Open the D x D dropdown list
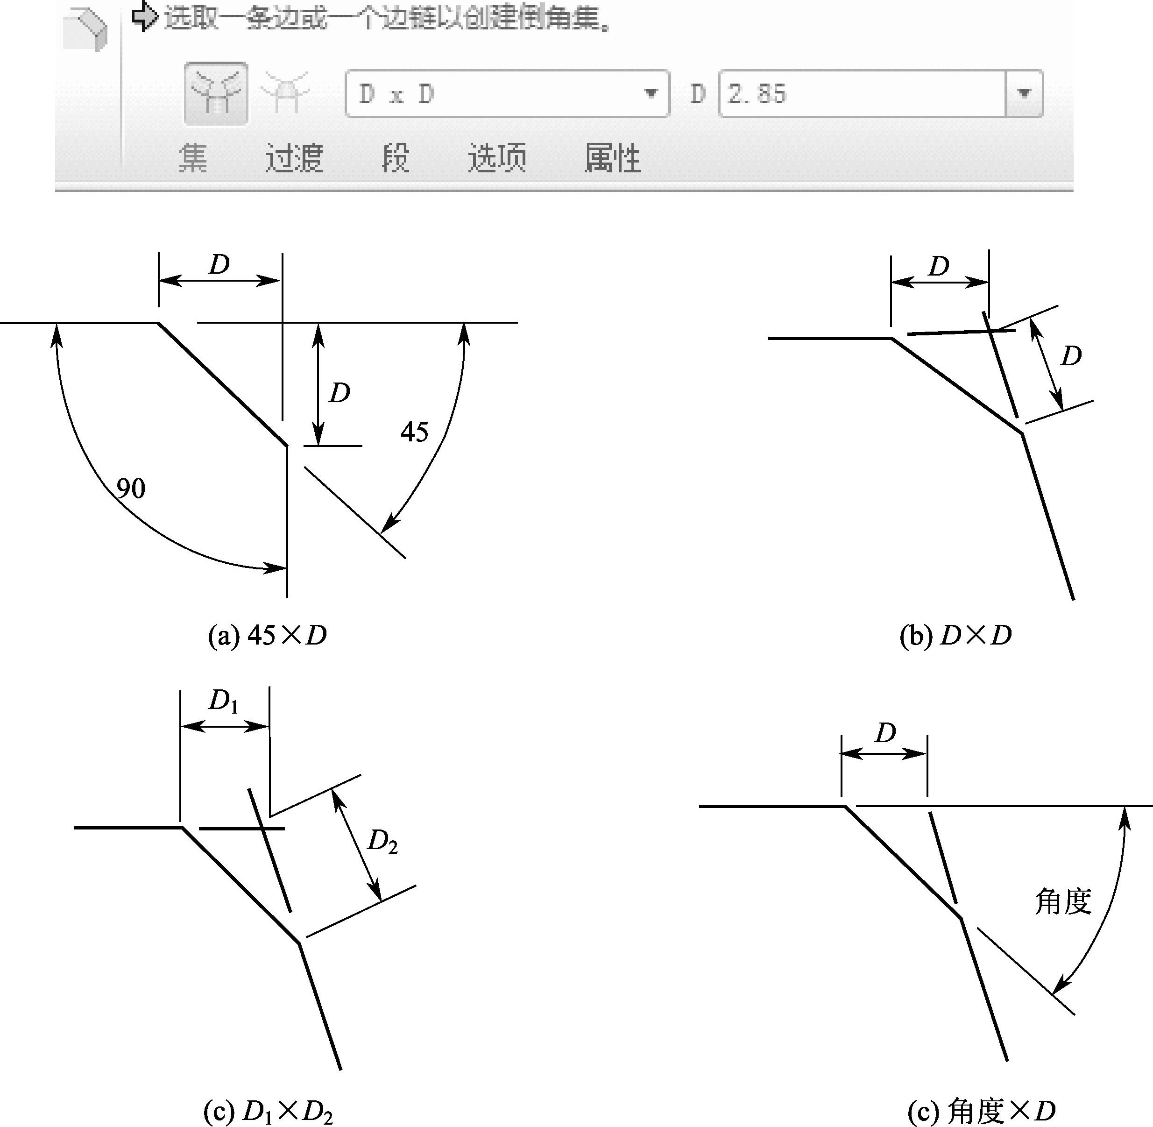pyautogui.click(x=651, y=93)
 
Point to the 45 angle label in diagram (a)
pyautogui.click(x=414, y=432)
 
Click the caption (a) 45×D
pyautogui.click(x=267, y=636)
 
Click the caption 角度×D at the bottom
pyautogui.click(x=981, y=1112)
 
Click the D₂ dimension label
pyautogui.click(x=382, y=842)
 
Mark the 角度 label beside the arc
pyautogui.click(x=1062, y=902)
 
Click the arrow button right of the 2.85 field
pyautogui.click(x=1024, y=93)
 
